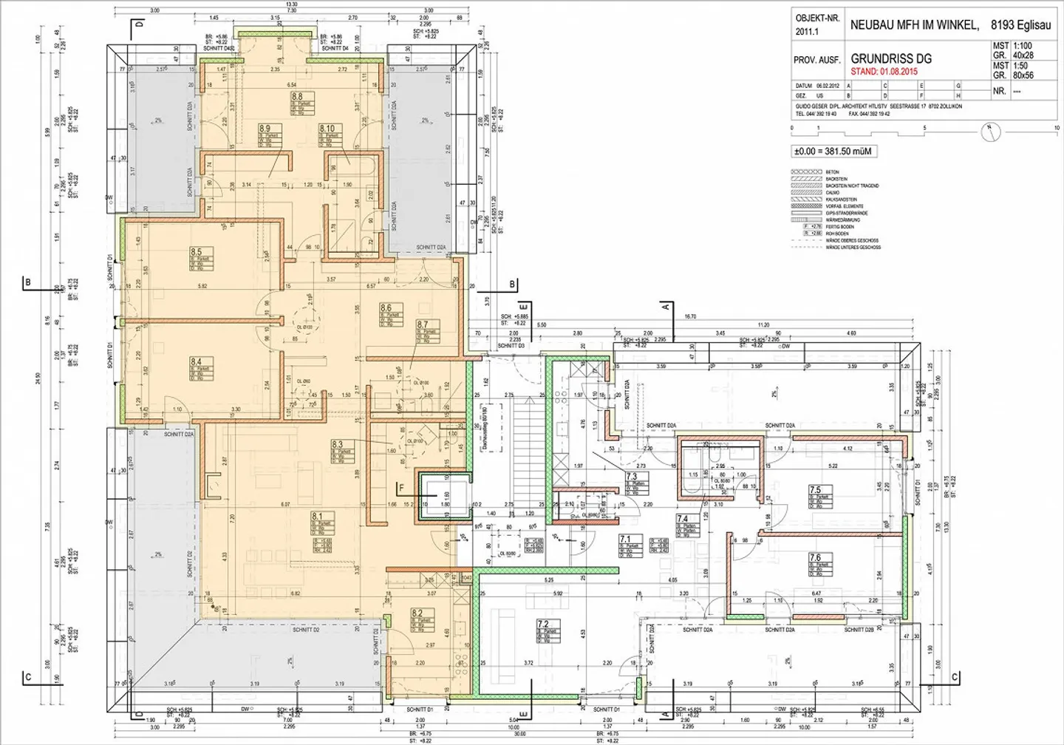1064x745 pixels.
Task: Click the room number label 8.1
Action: [318, 517]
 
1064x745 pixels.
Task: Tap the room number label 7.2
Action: [543, 625]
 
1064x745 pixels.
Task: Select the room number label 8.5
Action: [196, 252]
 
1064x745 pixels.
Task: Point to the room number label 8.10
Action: [327, 129]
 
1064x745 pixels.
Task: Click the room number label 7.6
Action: [815, 558]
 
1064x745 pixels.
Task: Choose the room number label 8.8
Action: [296, 97]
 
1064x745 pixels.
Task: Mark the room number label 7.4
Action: [682, 519]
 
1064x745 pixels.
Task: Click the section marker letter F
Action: [401, 489]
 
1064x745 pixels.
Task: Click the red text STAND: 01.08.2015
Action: [884, 72]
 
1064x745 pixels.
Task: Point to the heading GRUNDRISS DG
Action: [890, 58]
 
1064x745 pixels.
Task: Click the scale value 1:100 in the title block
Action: [1023, 46]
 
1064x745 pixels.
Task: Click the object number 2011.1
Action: [807, 32]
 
